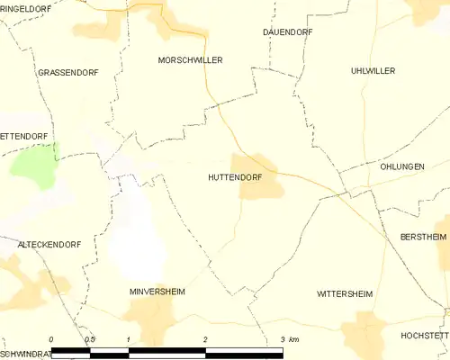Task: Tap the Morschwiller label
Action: point(190,59)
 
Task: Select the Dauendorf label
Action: point(288,31)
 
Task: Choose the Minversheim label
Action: point(158,292)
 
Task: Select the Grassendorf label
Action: point(67,71)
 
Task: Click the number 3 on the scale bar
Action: point(283,339)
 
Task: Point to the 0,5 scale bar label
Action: point(89,339)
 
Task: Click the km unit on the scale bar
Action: point(295,339)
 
